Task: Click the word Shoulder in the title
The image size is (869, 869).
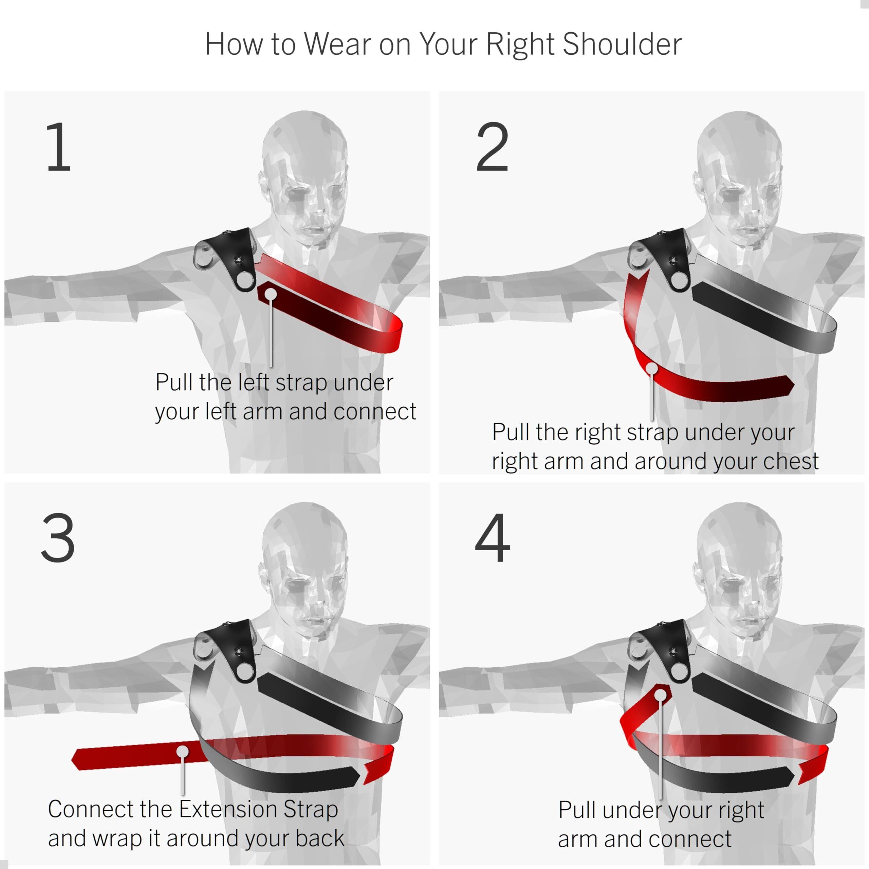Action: click(622, 44)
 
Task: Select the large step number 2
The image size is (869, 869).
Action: click(492, 147)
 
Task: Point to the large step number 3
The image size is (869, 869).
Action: click(58, 537)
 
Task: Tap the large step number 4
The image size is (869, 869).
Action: click(493, 537)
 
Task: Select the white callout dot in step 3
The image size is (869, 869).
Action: click(183, 752)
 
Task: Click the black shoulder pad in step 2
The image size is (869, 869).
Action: click(665, 256)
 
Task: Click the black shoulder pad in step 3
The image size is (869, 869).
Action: click(230, 648)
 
